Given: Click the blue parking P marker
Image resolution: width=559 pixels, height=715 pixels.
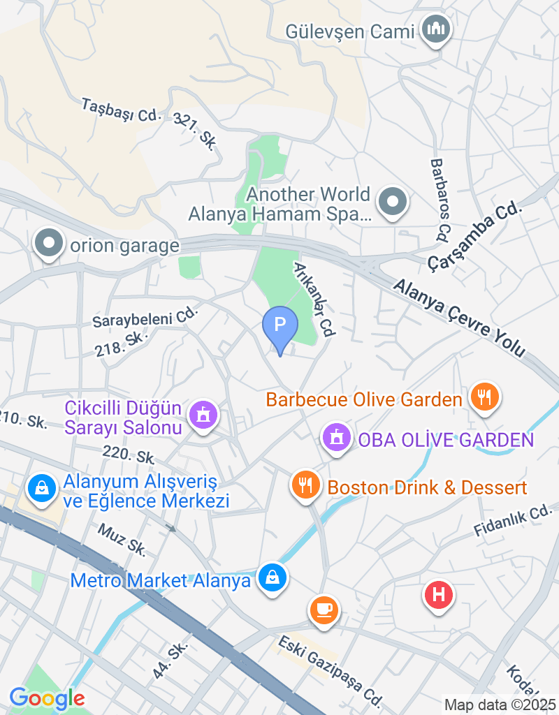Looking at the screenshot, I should pyautogui.click(x=279, y=326).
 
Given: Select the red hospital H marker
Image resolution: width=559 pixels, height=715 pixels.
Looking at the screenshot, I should pyautogui.click(x=439, y=595).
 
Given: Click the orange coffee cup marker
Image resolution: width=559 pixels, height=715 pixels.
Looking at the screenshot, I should pyautogui.click(x=324, y=609).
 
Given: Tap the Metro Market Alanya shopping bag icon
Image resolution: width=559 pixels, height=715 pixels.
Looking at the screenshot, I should pyautogui.click(x=272, y=578).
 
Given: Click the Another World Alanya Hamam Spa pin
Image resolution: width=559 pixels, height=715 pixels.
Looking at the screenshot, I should pyautogui.click(x=392, y=202).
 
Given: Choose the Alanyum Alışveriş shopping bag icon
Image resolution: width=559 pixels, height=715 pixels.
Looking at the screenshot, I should pyautogui.click(x=43, y=488).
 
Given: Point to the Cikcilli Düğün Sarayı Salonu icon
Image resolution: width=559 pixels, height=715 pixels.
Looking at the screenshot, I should pyautogui.click(x=203, y=415).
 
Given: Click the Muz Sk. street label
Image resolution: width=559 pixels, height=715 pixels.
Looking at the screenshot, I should pyautogui.click(x=122, y=540).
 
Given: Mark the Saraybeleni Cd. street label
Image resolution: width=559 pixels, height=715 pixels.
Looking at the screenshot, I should pyautogui.click(x=145, y=318).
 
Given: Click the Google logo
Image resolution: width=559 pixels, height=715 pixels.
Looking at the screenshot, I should pyautogui.click(x=47, y=698).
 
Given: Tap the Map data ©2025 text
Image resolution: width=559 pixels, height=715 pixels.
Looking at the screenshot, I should pyautogui.click(x=500, y=705).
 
